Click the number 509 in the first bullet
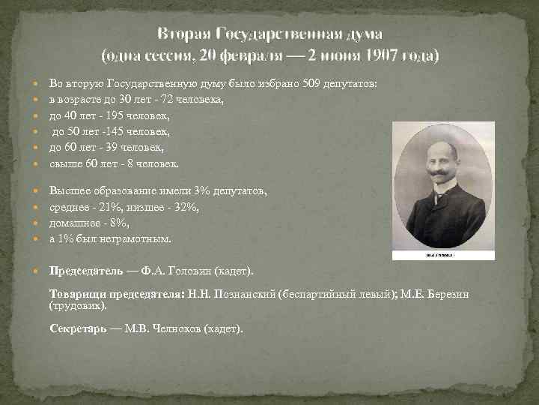click(312, 83)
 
